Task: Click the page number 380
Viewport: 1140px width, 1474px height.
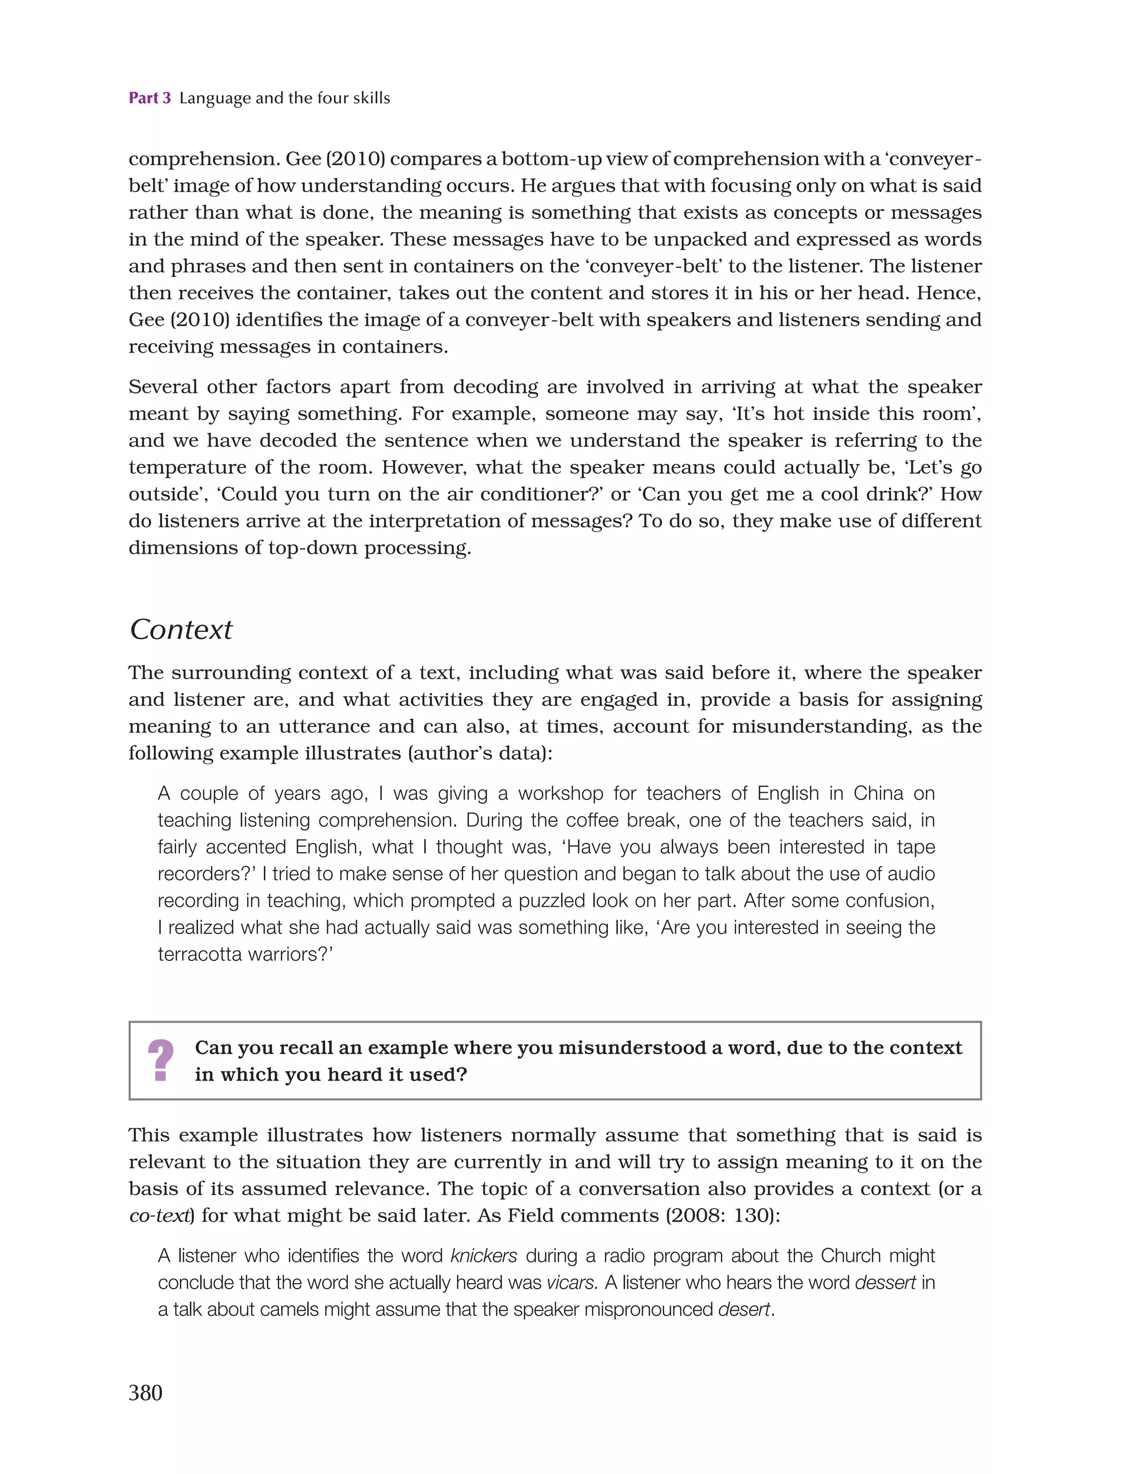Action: click(145, 1393)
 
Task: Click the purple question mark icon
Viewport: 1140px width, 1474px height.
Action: click(160, 1061)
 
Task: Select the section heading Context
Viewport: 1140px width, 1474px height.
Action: click(181, 629)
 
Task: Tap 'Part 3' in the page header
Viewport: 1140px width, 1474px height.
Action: click(150, 99)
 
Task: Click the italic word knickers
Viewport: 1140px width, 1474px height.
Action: click(484, 1256)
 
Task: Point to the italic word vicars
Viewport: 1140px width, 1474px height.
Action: click(572, 1283)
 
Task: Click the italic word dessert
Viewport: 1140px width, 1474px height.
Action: click(885, 1283)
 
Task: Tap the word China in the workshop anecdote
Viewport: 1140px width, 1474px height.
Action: click(878, 794)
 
